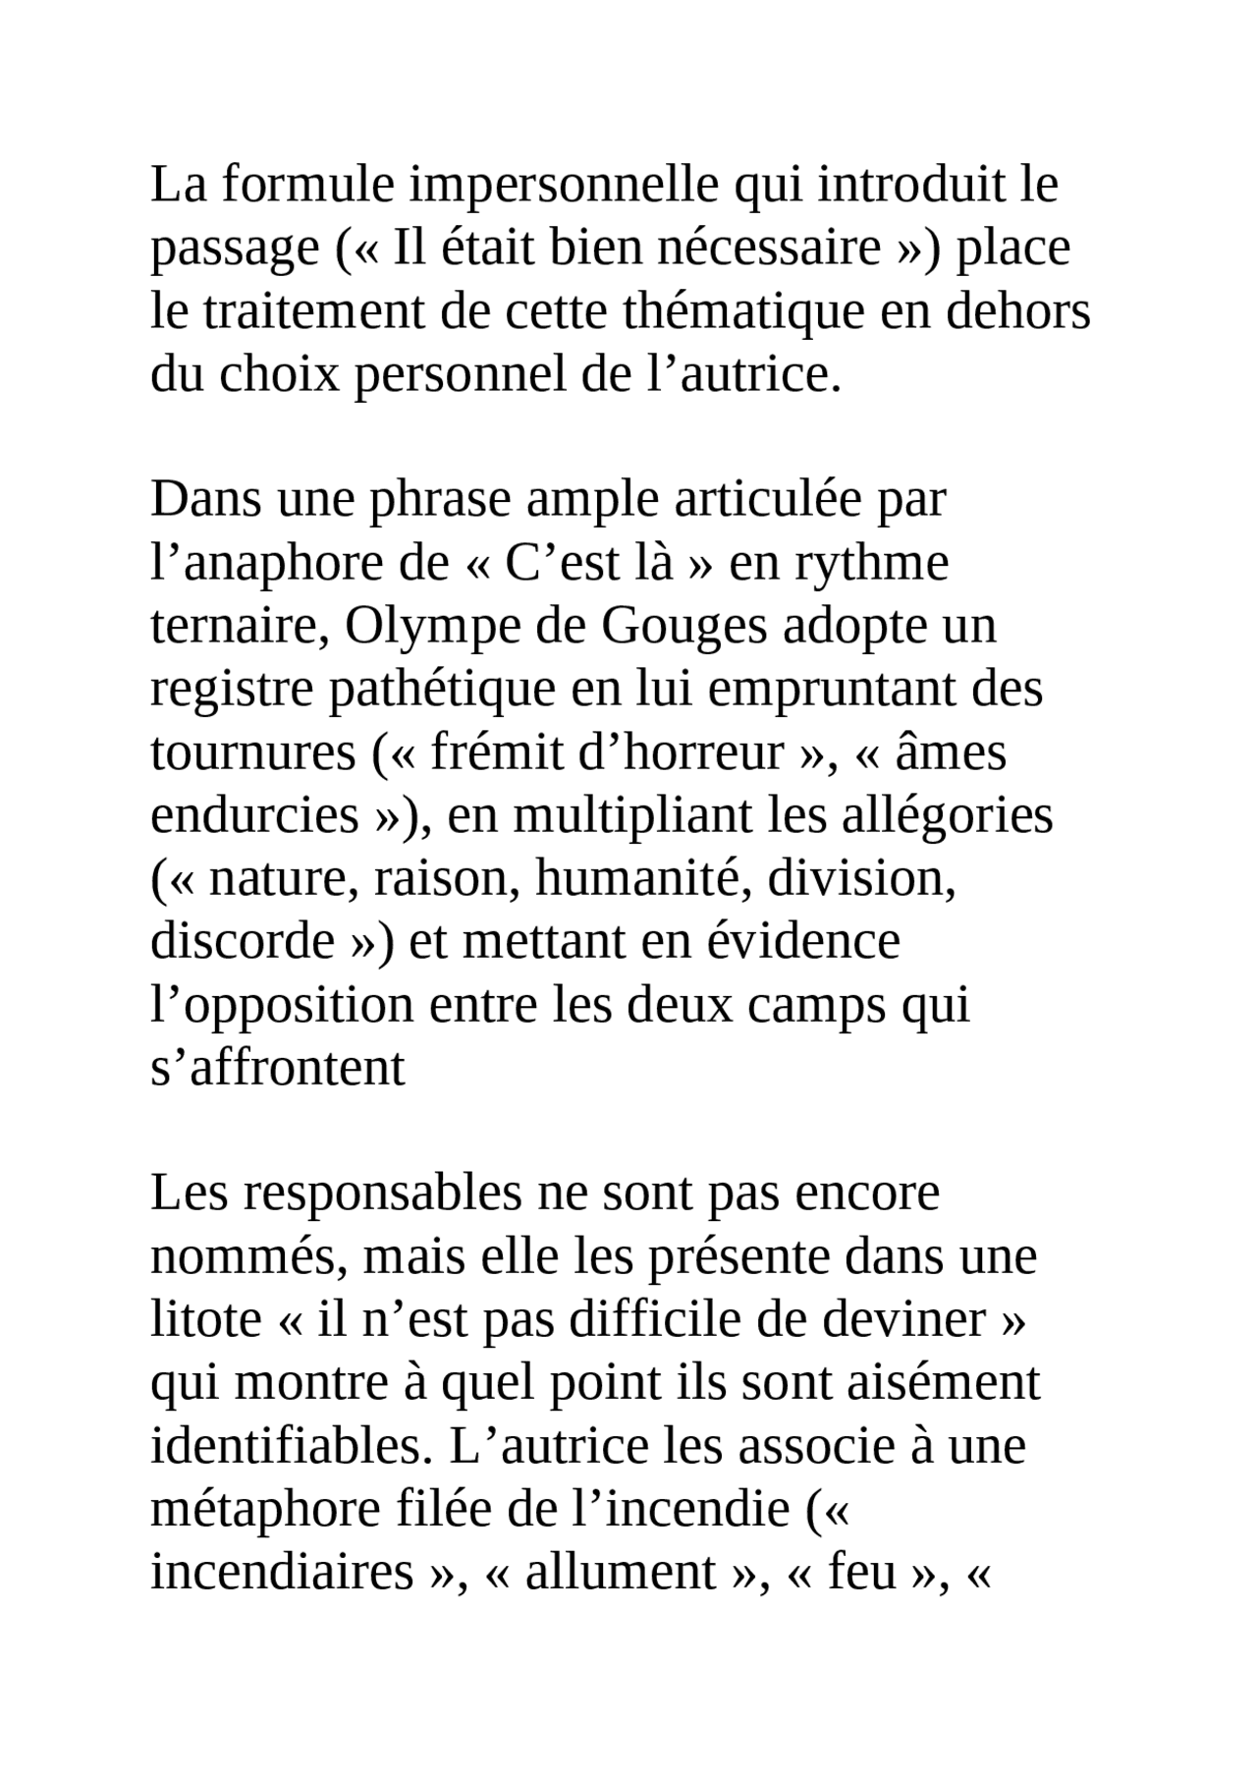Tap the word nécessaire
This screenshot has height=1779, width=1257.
point(769,249)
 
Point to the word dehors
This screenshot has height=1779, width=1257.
point(1018,312)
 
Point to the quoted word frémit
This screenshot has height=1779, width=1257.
point(484,753)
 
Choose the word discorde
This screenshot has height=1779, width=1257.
point(243,941)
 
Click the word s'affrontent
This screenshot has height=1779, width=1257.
point(277,1069)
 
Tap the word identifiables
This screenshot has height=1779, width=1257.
point(291,1447)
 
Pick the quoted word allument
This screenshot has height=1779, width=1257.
point(621,1573)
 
